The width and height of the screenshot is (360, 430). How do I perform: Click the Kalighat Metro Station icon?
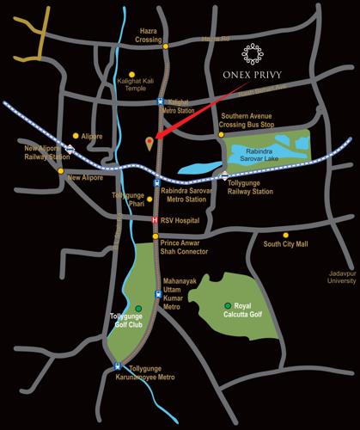160,101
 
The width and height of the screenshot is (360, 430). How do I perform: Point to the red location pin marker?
150,142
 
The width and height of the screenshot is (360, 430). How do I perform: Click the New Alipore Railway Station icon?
68,147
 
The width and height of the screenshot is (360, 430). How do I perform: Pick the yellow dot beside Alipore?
76,135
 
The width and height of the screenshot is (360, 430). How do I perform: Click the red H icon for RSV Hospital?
155,220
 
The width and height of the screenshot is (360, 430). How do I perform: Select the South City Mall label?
285,243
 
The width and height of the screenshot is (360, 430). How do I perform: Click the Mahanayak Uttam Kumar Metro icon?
157,295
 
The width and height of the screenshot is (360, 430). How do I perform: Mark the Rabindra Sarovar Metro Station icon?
156,182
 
